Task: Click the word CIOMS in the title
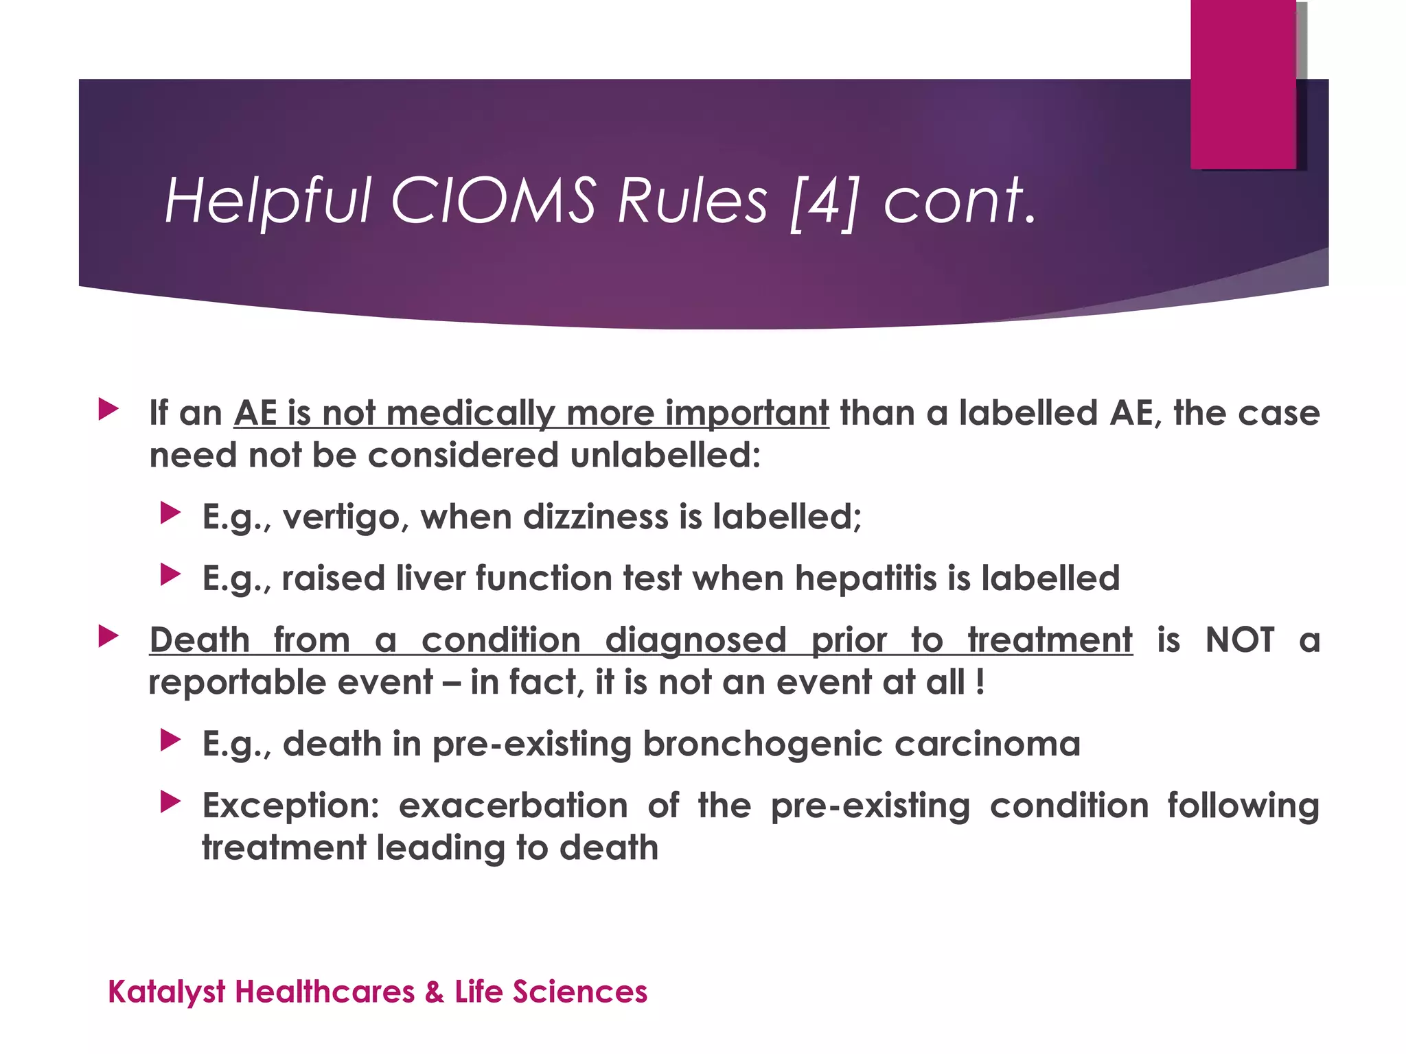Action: click(x=493, y=200)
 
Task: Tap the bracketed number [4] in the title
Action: click(x=824, y=202)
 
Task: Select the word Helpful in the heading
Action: click(x=267, y=202)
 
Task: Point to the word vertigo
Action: click(x=341, y=517)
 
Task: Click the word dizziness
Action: click(x=595, y=516)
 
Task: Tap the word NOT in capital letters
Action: click(x=1240, y=640)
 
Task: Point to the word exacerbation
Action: click(x=513, y=806)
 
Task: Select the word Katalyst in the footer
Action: click(x=167, y=992)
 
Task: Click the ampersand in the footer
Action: click(x=434, y=992)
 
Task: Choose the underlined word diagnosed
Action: click(x=695, y=641)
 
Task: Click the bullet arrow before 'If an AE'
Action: click(x=108, y=410)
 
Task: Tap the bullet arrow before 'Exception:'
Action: click(x=170, y=801)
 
